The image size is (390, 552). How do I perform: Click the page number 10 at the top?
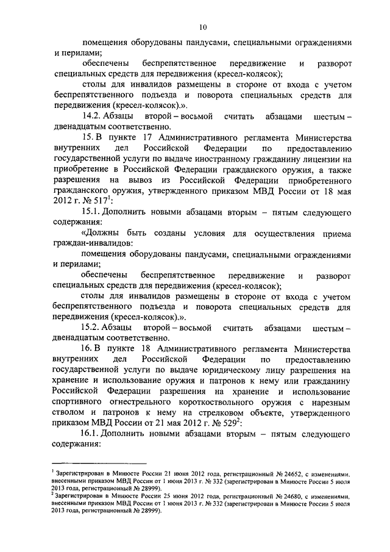(x=203, y=26)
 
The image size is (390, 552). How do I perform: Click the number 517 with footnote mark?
(x=104, y=199)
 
